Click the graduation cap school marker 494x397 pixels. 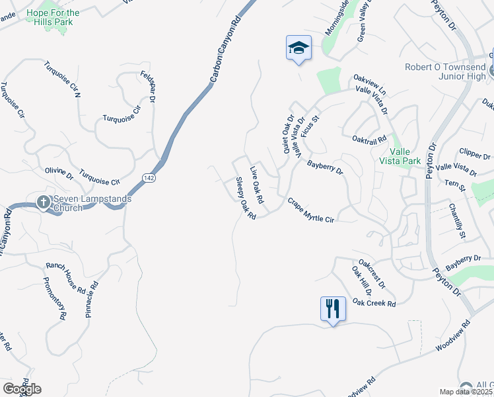pos(299,48)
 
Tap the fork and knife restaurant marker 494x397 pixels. pos(332,308)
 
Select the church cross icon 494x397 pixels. pos(43,201)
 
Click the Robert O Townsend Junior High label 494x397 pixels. pos(446,71)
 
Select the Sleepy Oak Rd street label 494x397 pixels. pos(246,199)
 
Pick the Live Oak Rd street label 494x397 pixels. pos(257,185)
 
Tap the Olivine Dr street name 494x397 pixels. pos(59,173)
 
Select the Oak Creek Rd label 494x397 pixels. pos(374,302)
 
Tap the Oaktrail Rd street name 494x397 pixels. pos(369,140)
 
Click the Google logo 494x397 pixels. pos(22,388)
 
